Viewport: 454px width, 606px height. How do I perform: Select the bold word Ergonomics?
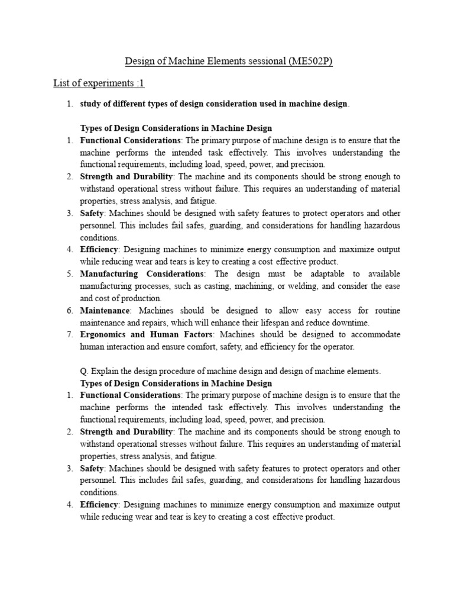[x=102, y=334]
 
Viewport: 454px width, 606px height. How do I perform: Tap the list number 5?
[x=69, y=273]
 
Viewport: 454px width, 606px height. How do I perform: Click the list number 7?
[x=69, y=334]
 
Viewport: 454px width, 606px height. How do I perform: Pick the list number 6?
[x=69, y=310]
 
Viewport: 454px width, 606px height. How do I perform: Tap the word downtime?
[x=352, y=323]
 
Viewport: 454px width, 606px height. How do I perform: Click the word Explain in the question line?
[x=105, y=371]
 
